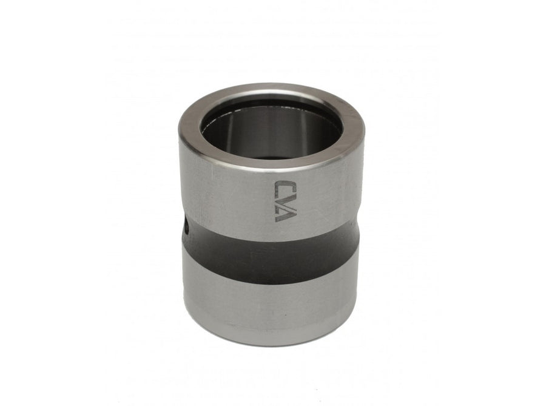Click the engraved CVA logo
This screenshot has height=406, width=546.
pos(286,201)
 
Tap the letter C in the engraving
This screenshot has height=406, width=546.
pos(286,187)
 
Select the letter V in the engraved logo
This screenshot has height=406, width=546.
pos(286,201)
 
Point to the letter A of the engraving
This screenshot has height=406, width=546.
pos(286,215)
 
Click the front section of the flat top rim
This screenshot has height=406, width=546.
pos(272,160)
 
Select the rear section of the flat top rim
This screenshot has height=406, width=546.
pos(272,91)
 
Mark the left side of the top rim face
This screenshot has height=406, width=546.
pos(190,126)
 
